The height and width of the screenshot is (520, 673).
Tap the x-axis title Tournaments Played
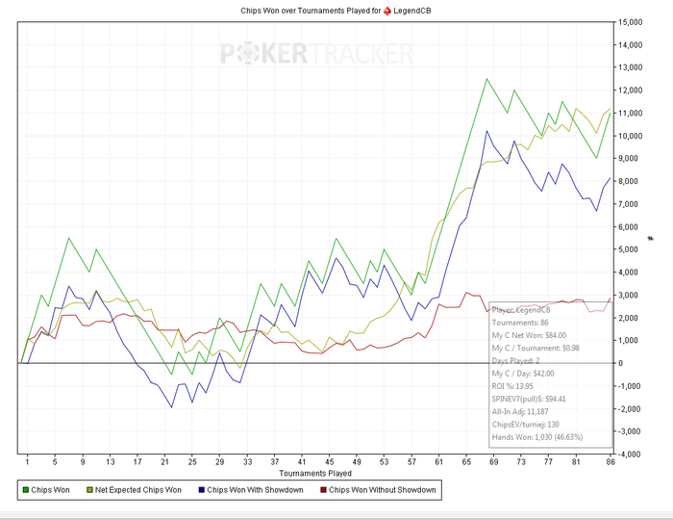314,474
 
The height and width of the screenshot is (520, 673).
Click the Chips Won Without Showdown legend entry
382,490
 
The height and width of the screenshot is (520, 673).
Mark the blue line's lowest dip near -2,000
171,406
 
